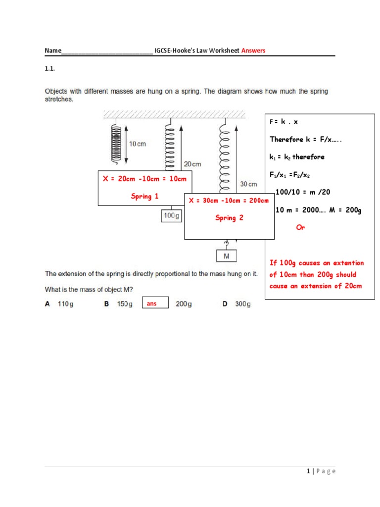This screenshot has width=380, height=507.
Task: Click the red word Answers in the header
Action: [x=253, y=51]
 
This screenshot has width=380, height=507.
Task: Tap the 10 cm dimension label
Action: [x=139, y=144]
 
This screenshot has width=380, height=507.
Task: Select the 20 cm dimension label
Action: [x=192, y=164]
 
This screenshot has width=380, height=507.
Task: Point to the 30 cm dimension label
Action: [x=248, y=184]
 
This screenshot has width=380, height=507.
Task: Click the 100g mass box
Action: [x=171, y=216]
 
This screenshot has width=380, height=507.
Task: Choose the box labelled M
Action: [x=227, y=256]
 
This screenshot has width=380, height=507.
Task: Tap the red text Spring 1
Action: [x=144, y=197]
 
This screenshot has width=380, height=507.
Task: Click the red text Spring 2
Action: [x=229, y=218]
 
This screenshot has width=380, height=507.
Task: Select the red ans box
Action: [x=155, y=303]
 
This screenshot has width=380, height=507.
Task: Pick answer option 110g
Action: [x=65, y=304]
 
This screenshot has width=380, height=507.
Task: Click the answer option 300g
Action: [x=242, y=304]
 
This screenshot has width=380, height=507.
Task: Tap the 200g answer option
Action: [x=184, y=304]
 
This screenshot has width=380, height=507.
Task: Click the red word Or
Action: [x=300, y=227]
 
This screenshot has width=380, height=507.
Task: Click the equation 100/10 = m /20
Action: [x=301, y=192]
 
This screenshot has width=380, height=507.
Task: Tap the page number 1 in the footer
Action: [x=308, y=471]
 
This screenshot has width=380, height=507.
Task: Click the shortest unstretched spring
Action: [x=116, y=143]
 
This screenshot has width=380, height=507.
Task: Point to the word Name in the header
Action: [x=53, y=51]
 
